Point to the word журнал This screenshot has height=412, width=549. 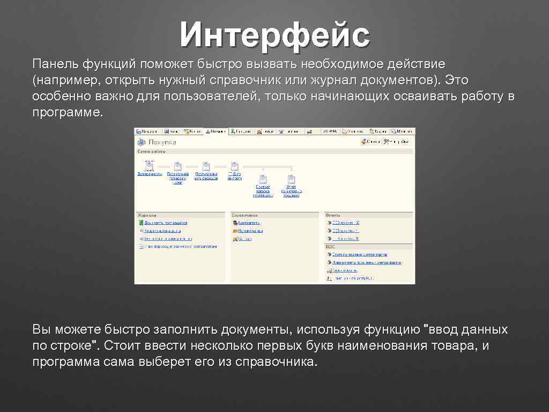[x=334, y=80]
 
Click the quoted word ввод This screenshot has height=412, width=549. [x=444, y=329]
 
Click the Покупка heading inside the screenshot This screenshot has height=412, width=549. [x=162, y=142]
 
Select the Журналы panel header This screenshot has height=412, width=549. [x=147, y=214]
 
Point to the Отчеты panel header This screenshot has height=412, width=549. [x=334, y=214]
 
